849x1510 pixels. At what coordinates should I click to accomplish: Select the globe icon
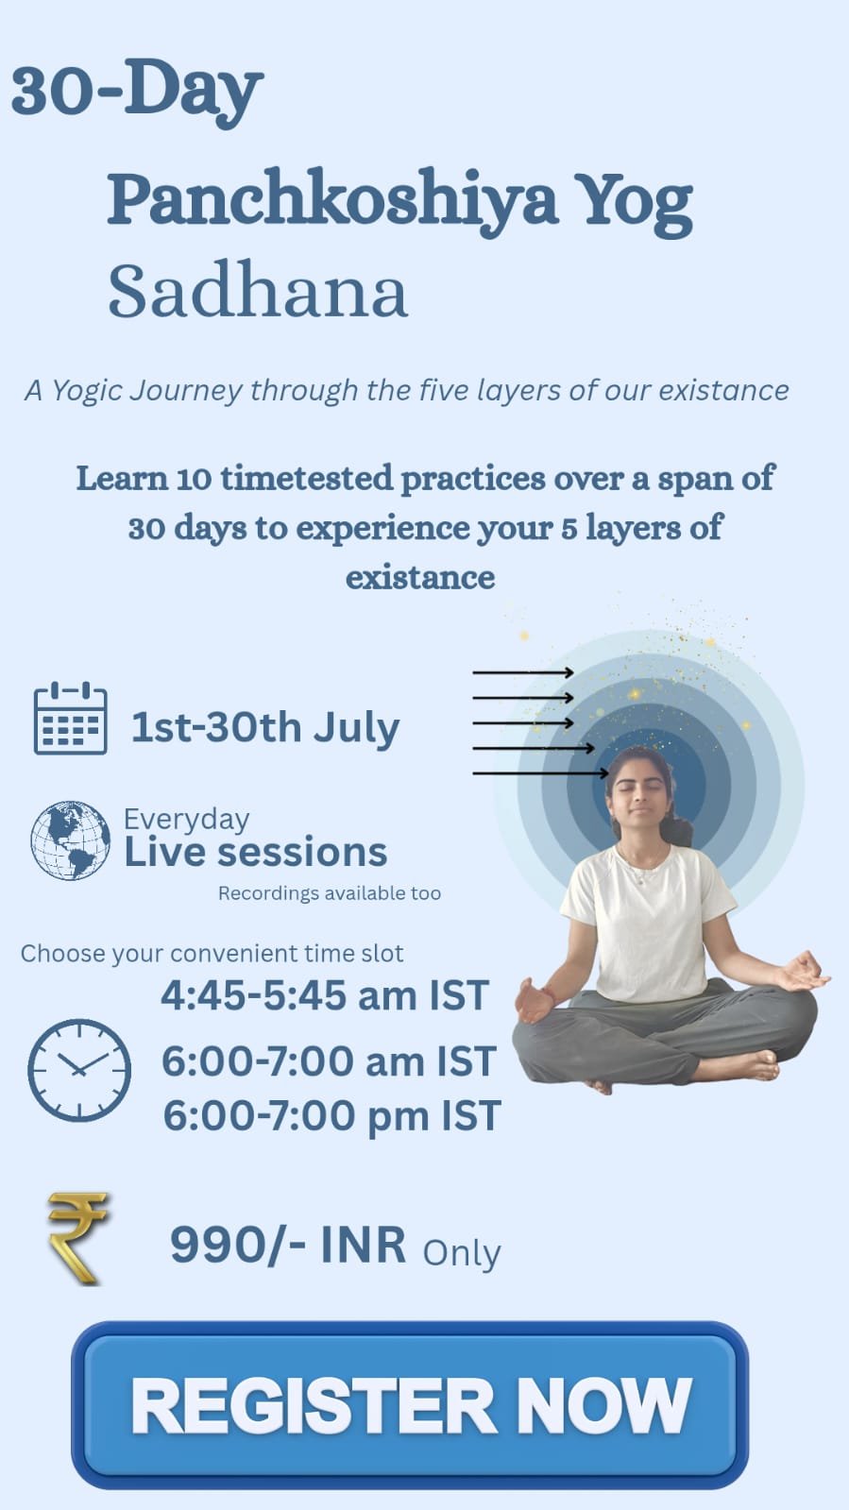click(70, 840)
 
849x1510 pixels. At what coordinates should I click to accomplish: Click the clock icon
click(79, 1071)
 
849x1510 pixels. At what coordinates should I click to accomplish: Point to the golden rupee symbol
click(76, 1238)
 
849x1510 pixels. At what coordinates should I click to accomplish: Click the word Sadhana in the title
click(258, 291)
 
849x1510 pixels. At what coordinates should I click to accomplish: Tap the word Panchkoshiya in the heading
click(332, 201)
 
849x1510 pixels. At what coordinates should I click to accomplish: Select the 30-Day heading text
click(137, 90)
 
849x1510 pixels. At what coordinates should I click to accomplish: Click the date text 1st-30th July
click(265, 728)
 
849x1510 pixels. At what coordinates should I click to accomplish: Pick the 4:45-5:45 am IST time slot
click(324, 995)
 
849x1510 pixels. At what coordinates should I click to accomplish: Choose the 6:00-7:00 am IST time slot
click(329, 1061)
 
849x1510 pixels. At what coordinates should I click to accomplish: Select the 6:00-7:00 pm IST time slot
click(332, 1116)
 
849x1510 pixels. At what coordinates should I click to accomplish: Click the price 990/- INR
click(288, 1245)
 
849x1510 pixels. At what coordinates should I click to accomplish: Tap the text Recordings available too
click(329, 893)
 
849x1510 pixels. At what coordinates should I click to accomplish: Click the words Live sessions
click(256, 852)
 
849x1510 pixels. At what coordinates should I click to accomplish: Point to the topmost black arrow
click(523, 672)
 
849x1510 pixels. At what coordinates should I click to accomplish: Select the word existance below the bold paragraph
click(420, 578)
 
